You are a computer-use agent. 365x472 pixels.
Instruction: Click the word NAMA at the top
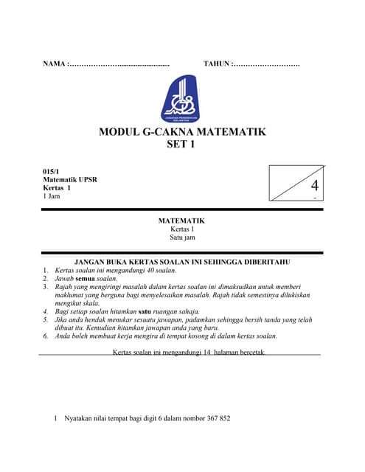pyautogui.click(x=54, y=65)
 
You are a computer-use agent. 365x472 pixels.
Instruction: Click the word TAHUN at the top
pyautogui.click(x=217, y=65)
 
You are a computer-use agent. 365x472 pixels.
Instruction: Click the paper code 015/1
pyautogui.click(x=52, y=171)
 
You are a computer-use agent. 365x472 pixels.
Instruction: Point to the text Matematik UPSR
pyautogui.click(x=70, y=179)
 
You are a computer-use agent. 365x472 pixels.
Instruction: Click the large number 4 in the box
pyautogui.click(x=315, y=185)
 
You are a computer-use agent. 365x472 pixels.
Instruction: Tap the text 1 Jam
pyautogui.click(x=52, y=196)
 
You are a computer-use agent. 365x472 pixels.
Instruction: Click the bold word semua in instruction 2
pyautogui.click(x=86, y=279)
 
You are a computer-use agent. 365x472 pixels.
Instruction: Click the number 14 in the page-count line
pyautogui.click(x=206, y=353)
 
